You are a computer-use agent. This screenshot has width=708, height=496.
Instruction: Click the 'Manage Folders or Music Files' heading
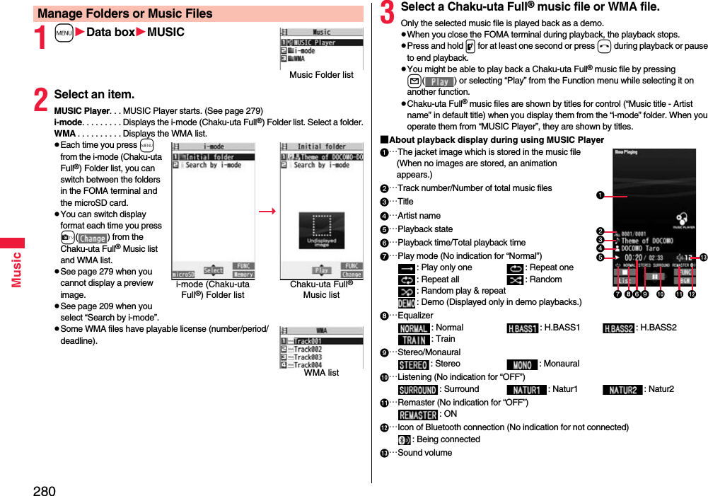125,13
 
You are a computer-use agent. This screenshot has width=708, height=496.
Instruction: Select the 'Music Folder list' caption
321,75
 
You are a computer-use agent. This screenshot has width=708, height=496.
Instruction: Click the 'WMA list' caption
321,373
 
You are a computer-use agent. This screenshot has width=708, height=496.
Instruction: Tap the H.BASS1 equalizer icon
522,328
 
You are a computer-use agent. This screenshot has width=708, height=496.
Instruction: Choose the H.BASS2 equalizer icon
618,328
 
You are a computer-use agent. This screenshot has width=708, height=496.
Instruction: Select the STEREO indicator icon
413,364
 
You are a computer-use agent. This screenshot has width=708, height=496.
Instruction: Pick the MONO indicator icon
522,364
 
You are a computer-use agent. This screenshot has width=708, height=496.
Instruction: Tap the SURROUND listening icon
417,390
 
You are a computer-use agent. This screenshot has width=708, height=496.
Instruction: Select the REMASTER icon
418,415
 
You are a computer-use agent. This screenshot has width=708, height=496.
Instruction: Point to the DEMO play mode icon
406,302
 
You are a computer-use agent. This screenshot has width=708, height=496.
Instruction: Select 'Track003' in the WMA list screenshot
308,357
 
